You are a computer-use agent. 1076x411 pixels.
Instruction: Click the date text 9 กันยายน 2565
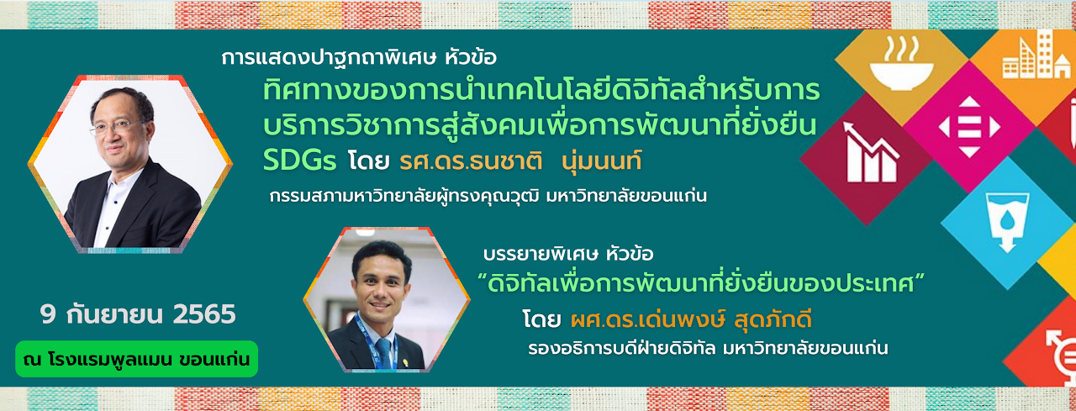(x=139, y=315)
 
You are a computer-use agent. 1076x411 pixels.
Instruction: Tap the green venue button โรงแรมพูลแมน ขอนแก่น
(x=136, y=359)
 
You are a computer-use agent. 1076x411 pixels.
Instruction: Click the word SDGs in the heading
(x=300, y=161)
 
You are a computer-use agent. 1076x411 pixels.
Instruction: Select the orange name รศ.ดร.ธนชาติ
(x=471, y=161)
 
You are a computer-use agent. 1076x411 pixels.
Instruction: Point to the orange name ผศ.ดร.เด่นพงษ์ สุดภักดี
(x=691, y=319)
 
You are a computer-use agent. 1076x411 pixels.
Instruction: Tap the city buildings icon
(x=1036, y=55)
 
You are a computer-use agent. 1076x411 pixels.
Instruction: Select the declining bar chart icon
(x=870, y=153)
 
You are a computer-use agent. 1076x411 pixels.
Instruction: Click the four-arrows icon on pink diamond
(x=969, y=127)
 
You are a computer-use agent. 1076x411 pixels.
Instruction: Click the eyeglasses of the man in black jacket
(x=117, y=127)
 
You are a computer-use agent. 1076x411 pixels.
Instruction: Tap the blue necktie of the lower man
(x=383, y=352)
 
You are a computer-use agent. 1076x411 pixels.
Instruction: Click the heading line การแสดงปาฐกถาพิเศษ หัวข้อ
(x=359, y=58)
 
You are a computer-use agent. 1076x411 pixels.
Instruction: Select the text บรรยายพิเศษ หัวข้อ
(x=569, y=254)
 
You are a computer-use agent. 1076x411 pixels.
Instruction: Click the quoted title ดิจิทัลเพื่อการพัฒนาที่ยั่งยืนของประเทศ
(x=701, y=284)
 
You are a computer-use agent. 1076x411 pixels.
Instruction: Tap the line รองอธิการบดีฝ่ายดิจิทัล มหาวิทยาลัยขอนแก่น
(x=707, y=348)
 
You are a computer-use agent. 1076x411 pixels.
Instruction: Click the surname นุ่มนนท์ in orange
(x=601, y=161)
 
